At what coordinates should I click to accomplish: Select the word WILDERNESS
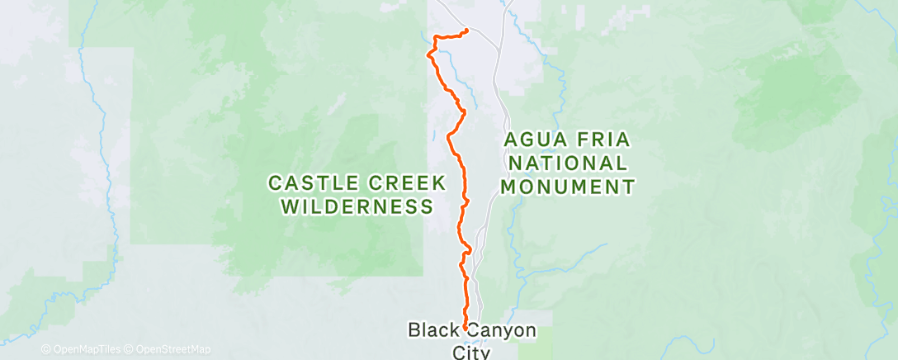pos(357,206)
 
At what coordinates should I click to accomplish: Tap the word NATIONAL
pos(568,163)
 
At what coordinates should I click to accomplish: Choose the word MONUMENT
pos(568,187)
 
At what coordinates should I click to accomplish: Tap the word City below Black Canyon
pos(470,353)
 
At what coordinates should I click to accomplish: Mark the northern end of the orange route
pos(467,31)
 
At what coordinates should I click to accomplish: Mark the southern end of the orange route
pos(466,328)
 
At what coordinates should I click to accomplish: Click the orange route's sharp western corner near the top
pos(428,54)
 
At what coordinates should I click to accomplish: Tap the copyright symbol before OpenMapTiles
pos(45,350)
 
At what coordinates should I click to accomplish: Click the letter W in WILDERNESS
pos(290,206)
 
